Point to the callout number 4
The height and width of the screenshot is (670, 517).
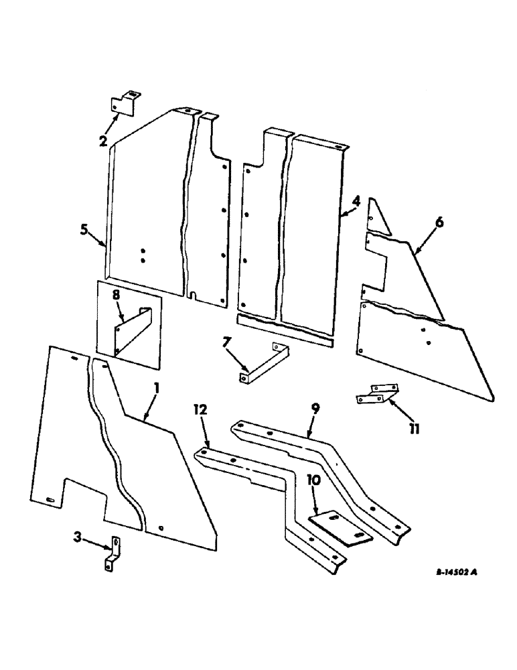click(357, 200)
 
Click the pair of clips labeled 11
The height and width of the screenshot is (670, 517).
click(374, 394)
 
